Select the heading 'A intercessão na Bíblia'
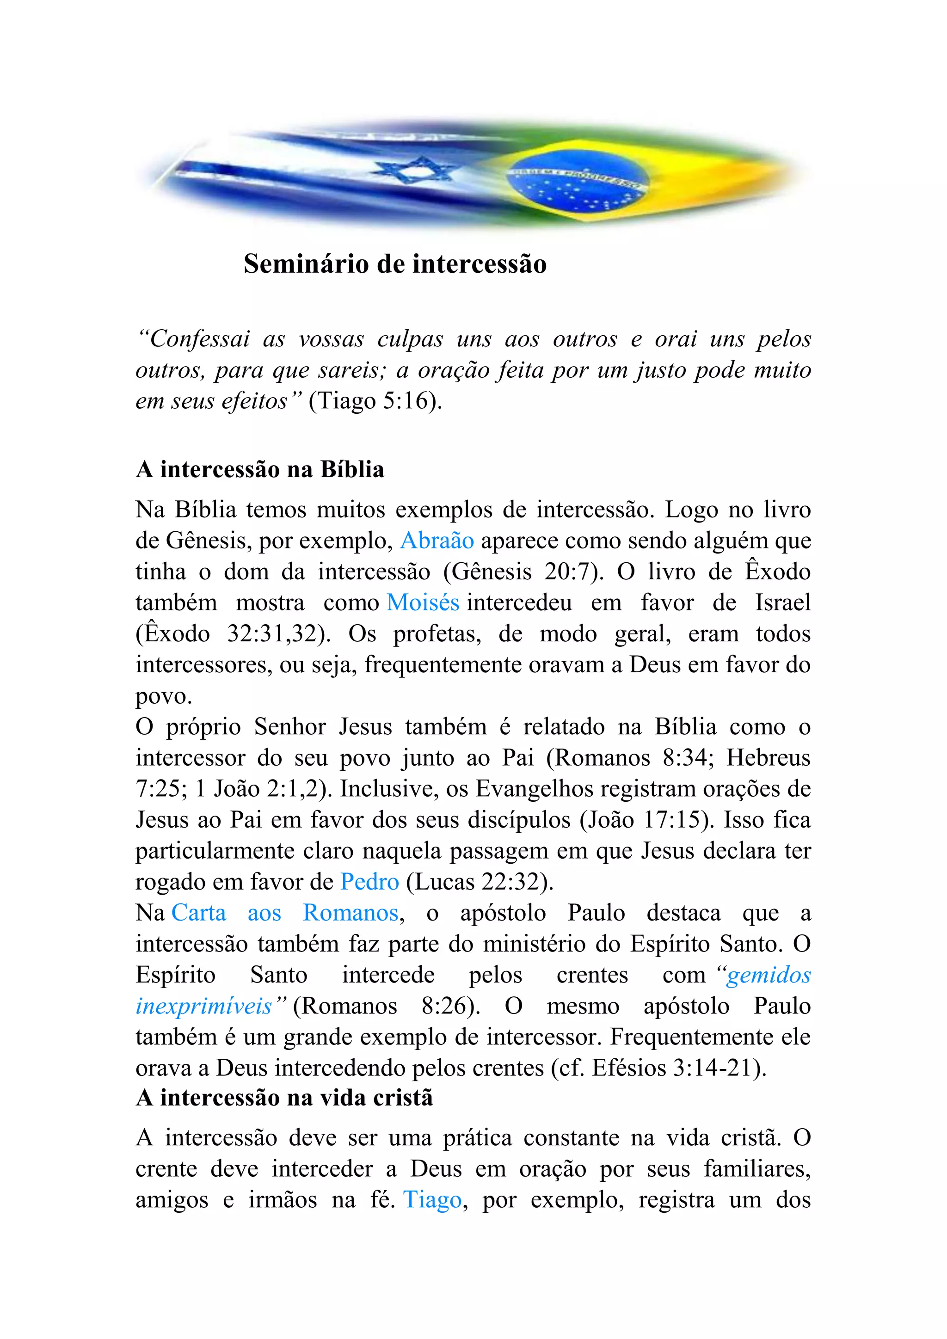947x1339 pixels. [x=259, y=469]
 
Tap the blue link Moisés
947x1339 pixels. [x=423, y=602]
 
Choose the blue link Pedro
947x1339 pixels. [x=370, y=882]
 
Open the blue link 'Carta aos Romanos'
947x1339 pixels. [x=284, y=913]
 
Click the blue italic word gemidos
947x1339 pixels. [x=769, y=975]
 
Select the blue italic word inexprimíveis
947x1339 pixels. [x=204, y=1006]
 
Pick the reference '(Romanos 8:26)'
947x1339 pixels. [x=386, y=1006]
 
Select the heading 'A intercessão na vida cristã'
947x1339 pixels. [x=284, y=1098]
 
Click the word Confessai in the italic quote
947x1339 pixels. [x=200, y=339]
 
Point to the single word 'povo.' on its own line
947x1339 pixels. [x=164, y=696]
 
